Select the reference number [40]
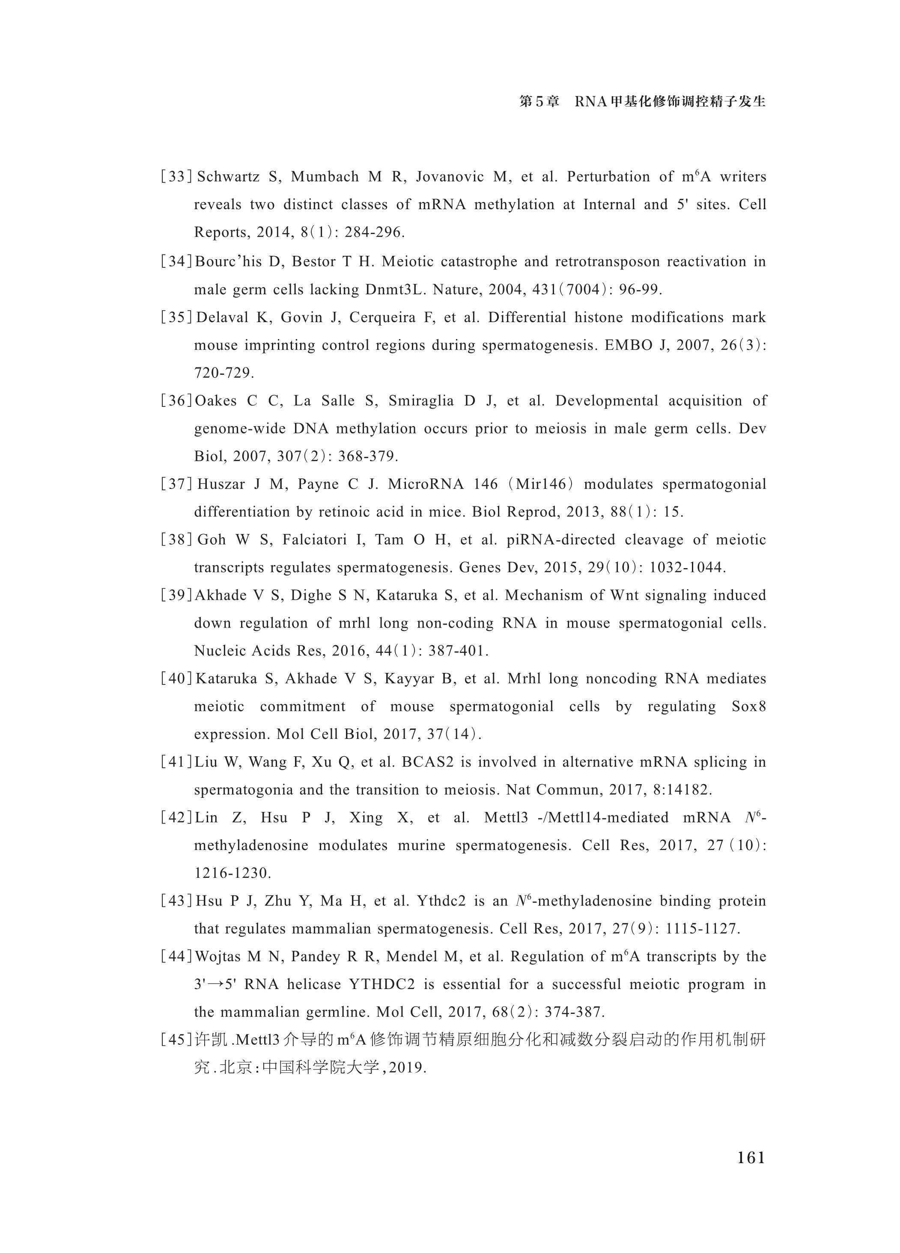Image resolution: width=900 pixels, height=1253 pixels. [x=176, y=679]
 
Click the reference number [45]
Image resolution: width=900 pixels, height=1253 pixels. [x=176, y=1040]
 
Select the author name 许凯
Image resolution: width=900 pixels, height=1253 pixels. [x=212, y=1040]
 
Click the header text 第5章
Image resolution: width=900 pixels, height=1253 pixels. [x=539, y=102]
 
